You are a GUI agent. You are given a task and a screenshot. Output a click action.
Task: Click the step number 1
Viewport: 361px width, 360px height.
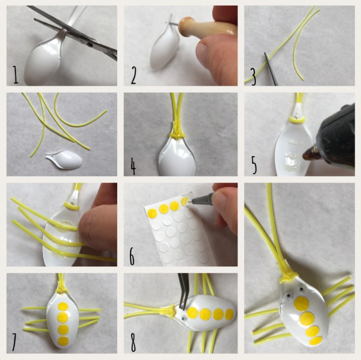(x=15, y=75)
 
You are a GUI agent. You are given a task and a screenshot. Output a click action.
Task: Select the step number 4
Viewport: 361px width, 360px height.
(x=133, y=166)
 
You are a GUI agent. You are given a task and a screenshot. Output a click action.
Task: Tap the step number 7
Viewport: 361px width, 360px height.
(x=14, y=345)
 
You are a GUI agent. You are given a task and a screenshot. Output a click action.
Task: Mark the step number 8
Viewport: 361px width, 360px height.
(x=133, y=344)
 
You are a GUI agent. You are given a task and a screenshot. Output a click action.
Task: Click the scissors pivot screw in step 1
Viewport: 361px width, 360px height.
(x=91, y=45)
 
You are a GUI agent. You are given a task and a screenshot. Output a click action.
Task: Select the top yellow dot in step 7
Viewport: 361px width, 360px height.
(x=63, y=307)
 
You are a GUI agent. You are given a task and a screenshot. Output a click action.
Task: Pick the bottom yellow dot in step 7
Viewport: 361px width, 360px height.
(x=63, y=341)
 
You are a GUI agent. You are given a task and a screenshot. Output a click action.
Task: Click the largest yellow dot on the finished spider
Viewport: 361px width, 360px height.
(x=301, y=304)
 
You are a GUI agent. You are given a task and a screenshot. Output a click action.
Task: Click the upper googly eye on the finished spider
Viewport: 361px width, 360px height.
(x=301, y=289)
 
